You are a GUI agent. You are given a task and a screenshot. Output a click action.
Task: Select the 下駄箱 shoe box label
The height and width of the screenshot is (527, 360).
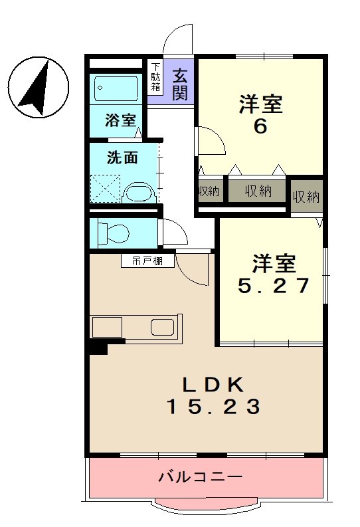click(x=155, y=77)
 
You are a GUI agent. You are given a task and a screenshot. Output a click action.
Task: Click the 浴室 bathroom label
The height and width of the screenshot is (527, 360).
click(x=121, y=121)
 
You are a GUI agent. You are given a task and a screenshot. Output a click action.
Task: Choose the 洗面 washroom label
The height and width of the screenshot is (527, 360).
click(x=122, y=158)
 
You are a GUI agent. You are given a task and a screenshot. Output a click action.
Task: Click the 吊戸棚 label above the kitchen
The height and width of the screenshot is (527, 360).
click(x=147, y=261)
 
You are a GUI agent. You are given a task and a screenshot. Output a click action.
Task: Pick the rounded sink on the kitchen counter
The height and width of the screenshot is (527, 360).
click(x=163, y=327)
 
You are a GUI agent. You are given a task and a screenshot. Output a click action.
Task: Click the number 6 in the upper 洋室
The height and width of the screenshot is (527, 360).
click(x=260, y=126)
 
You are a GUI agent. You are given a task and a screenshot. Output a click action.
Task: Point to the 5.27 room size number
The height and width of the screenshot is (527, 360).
click(x=274, y=285)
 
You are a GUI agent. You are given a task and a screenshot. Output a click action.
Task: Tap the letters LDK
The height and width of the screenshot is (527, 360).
click(x=214, y=383)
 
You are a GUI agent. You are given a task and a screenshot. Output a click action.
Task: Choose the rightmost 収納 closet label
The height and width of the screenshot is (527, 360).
click(x=306, y=197)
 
